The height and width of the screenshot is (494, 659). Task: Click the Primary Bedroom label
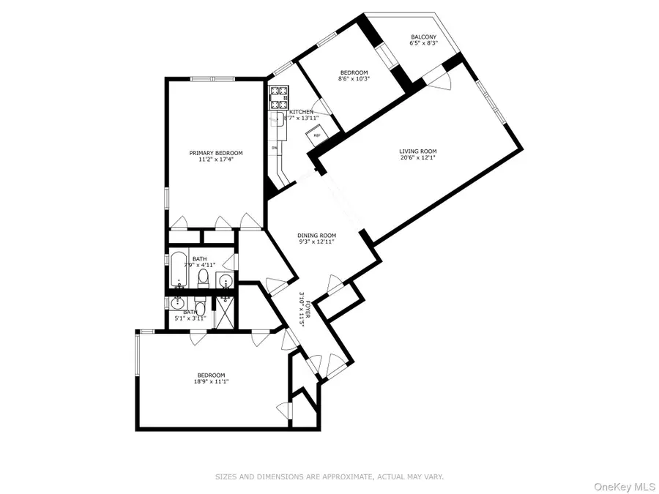216,153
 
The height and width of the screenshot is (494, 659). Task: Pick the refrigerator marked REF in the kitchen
317,135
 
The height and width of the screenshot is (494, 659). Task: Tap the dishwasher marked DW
275,147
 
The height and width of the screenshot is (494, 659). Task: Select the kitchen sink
279,122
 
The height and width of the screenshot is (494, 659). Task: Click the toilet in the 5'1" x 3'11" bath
198,308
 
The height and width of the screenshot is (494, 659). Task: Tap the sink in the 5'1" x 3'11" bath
177,303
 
